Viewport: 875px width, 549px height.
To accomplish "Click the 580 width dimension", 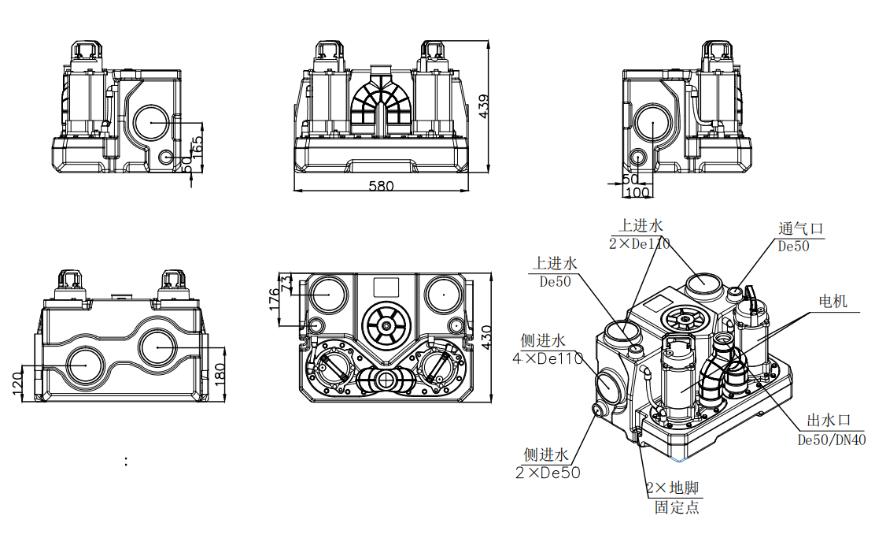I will (x=381, y=186).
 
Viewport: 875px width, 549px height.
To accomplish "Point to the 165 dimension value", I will (x=198, y=147).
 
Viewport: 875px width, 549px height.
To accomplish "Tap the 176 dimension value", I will (x=275, y=300).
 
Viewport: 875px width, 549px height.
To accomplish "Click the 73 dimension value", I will (x=286, y=281).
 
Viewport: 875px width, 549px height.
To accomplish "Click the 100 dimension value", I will (x=638, y=192).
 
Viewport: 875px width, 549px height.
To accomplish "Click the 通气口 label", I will (x=800, y=229).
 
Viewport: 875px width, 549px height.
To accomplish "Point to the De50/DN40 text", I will (x=832, y=440).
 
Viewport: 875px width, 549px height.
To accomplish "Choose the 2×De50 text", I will (x=548, y=473).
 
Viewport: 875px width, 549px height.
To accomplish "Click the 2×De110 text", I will (x=639, y=244).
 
